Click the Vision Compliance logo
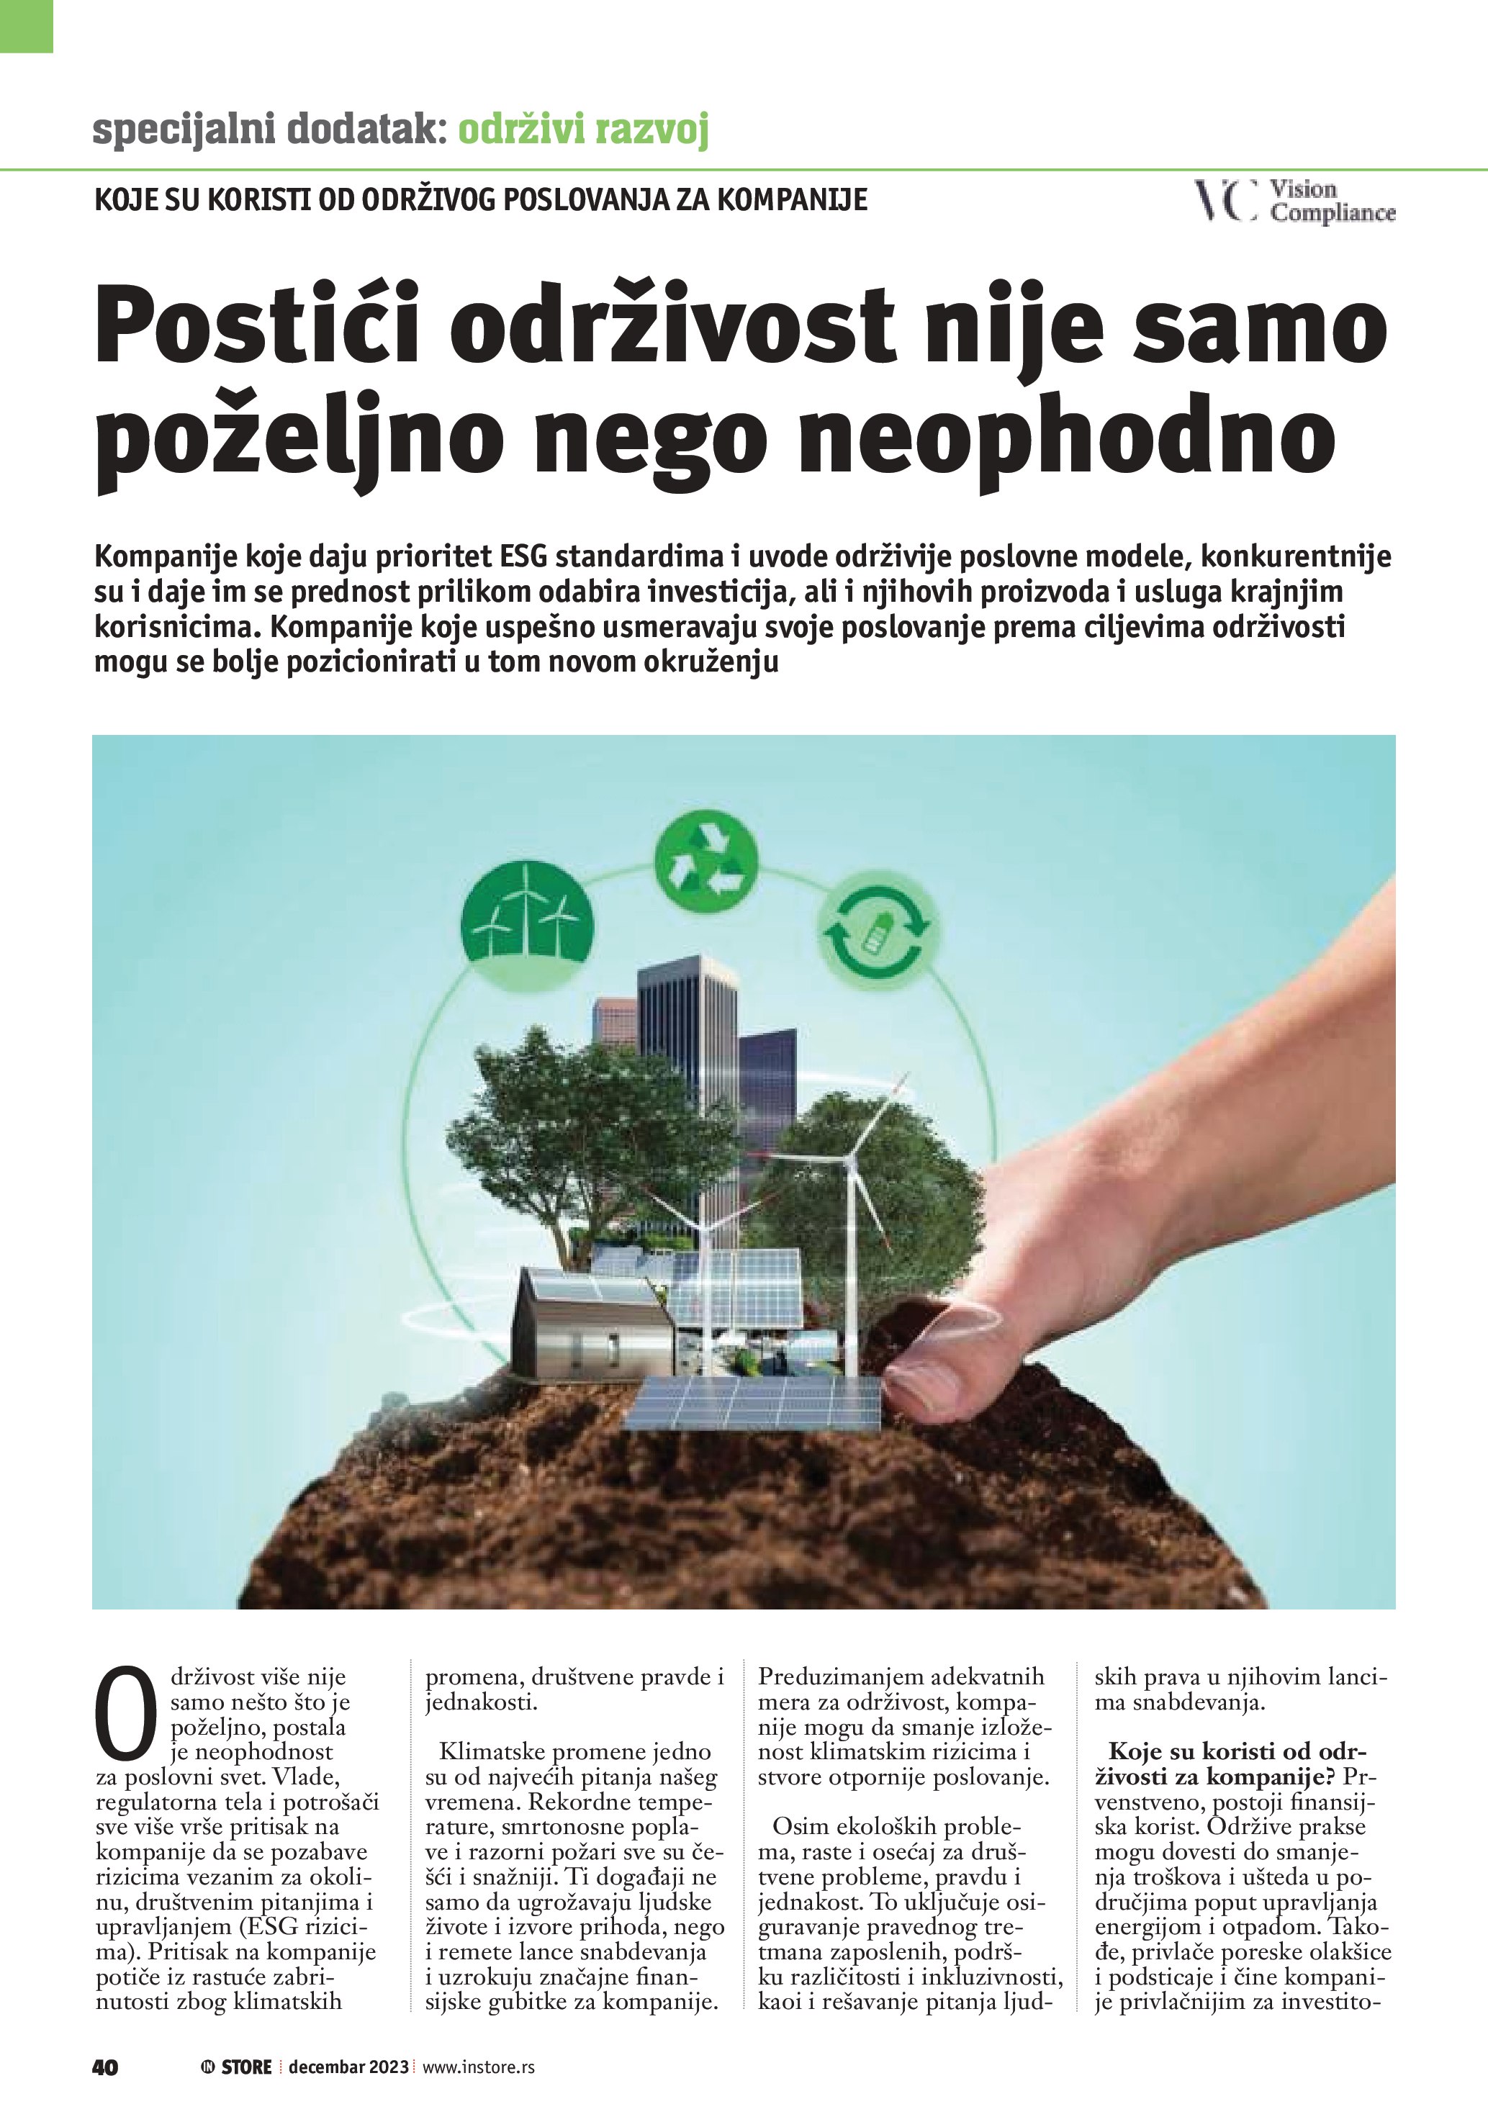point(1294,201)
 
